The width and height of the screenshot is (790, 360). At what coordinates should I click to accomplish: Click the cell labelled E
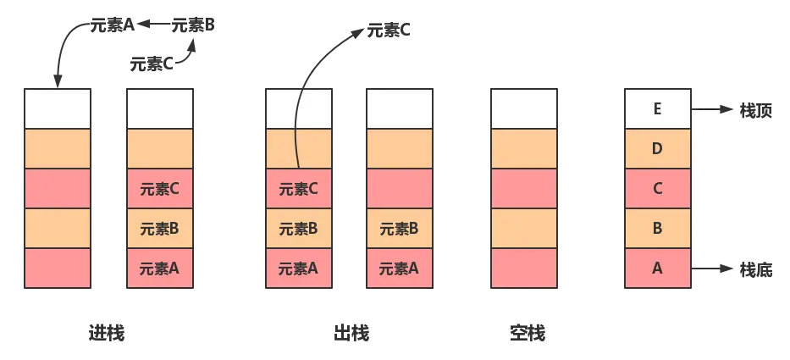[657, 108]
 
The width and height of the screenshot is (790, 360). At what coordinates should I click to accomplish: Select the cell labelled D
[657, 149]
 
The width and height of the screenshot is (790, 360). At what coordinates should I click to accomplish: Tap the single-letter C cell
[657, 189]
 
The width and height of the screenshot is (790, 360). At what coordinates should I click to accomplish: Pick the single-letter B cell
[657, 229]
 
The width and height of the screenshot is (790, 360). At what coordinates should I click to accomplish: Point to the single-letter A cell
[657, 269]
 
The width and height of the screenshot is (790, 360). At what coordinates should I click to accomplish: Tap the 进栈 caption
[108, 332]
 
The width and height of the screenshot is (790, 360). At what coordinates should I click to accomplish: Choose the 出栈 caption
[350, 332]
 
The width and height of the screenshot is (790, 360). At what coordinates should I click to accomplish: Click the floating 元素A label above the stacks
[113, 25]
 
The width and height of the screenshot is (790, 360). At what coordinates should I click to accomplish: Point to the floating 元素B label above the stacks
[194, 25]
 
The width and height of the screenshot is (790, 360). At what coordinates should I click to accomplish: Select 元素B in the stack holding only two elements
[400, 229]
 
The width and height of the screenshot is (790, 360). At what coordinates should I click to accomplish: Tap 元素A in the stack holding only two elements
[400, 269]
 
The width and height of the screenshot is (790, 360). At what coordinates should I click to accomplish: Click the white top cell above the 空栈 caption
[523, 108]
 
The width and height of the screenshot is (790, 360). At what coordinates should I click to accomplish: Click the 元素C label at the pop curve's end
[389, 31]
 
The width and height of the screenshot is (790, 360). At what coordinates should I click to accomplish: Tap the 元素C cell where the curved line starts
[299, 189]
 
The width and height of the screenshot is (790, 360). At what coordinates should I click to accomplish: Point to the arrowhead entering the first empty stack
[58, 82]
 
